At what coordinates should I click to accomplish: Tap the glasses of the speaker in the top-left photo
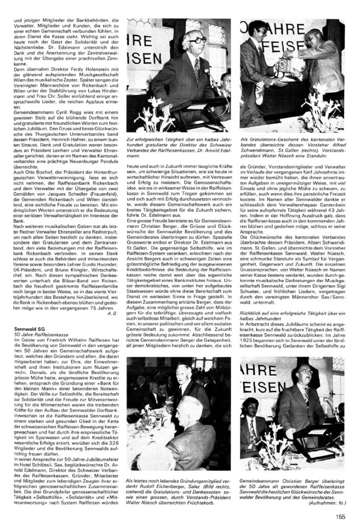point(197,40)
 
